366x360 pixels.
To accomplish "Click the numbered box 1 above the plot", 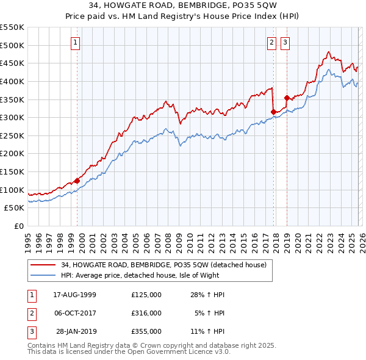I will tap(75, 42).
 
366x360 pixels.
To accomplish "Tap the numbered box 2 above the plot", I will tap(271, 42).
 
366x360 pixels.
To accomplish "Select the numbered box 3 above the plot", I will tap(285, 42).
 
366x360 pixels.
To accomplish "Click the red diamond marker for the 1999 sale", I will tap(77, 181).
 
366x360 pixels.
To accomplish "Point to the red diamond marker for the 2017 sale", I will tap(273, 112).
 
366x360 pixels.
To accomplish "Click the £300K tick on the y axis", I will tap(13, 117).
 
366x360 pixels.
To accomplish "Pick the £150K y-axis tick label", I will tap(13, 171).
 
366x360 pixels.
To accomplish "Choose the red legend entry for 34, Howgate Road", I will tap(163, 265).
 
